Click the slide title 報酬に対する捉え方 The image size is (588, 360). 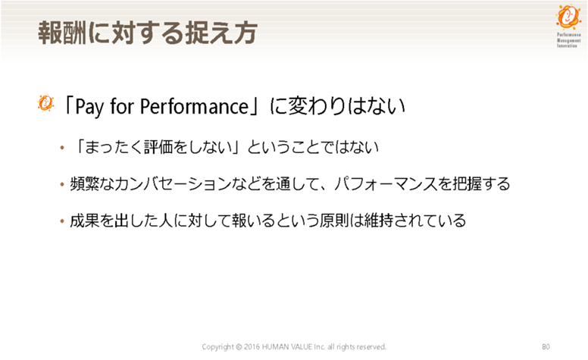coord(147,33)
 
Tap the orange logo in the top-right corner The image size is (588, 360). coord(568,17)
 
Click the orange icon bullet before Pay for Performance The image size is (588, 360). coord(45,103)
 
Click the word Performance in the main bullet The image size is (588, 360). coord(194,106)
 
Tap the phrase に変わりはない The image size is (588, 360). coord(337,106)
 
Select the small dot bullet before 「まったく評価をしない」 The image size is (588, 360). coord(62,148)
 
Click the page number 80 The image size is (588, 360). coord(546,346)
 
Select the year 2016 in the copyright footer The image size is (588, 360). coord(252,346)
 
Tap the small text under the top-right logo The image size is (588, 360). coord(568,40)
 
